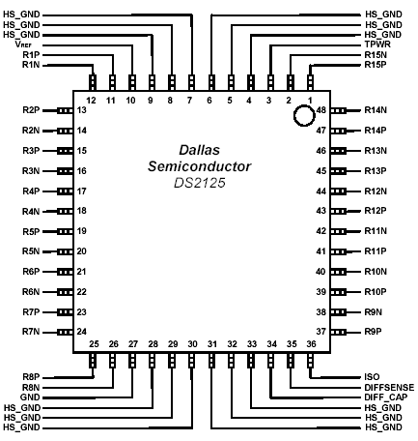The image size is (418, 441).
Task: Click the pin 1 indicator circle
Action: pyautogui.click(x=304, y=106)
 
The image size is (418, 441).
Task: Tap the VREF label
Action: pyautogui.click(x=23, y=44)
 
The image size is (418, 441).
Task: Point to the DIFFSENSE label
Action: pyautogui.click(x=389, y=387)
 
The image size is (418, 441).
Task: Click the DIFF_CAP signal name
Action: pyautogui.click(x=386, y=397)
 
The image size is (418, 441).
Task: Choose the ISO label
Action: pyautogui.click(x=372, y=377)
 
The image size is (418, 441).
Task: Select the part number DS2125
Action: pyautogui.click(x=200, y=183)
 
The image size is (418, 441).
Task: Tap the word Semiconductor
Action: pyautogui.click(x=200, y=166)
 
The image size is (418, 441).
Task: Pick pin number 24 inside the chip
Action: pyautogui.click(x=82, y=332)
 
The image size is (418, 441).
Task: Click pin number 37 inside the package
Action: pyautogui.click(x=321, y=332)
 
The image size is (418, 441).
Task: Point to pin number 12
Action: pyautogui.click(x=92, y=101)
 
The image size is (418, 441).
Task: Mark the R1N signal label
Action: pyautogui.click(x=31, y=65)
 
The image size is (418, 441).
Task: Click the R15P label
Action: pyautogui.click(x=376, y=65)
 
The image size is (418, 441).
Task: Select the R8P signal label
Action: pyautogui.click(x=31, y=377)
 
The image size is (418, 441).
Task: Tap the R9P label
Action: pyautogui.click(x=374, y=332)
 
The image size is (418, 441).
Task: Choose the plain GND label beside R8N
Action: pyautogui.click(x=30, y=397)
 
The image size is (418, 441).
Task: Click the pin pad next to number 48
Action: pyautogui.click(x=338, y=110)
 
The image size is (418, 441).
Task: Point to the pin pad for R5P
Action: pyautogui.click(x=65, y=231)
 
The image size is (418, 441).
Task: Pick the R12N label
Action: pyautogui.click(x=376, y=191)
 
